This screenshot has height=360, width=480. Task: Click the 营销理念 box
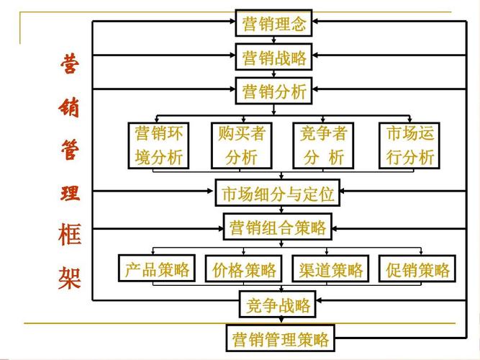(x=274, y=24)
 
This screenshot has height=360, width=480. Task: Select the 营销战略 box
(x=274, y=58)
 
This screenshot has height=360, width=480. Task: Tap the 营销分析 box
(x=274, y=91)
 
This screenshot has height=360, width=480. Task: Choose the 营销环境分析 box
(x=159, y=145)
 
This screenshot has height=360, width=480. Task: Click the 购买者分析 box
(x=241, y=145)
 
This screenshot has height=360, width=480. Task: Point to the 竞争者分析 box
(x=324, y=145)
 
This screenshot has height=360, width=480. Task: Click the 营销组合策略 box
(x=278, y=228)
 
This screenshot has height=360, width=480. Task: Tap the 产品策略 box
(x=157, y=269)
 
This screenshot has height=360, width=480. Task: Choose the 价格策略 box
(x=245, y=270)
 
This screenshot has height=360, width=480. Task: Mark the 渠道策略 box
(x=331, y=270)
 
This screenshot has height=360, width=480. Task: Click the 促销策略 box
(x=417, y=270)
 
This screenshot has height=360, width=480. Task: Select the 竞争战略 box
(x=277, y=305)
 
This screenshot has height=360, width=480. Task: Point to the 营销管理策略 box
(x=280, y=338)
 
